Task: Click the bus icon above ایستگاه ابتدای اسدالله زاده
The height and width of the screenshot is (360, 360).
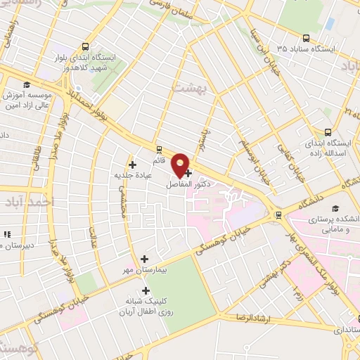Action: pyautogui.click(x=328, y=131)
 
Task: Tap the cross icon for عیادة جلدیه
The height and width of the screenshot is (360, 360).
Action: pyautogui.click(x=132, y=165)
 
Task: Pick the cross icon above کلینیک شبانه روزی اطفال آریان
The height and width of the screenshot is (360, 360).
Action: pyautogui.click(x=146, y=290)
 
